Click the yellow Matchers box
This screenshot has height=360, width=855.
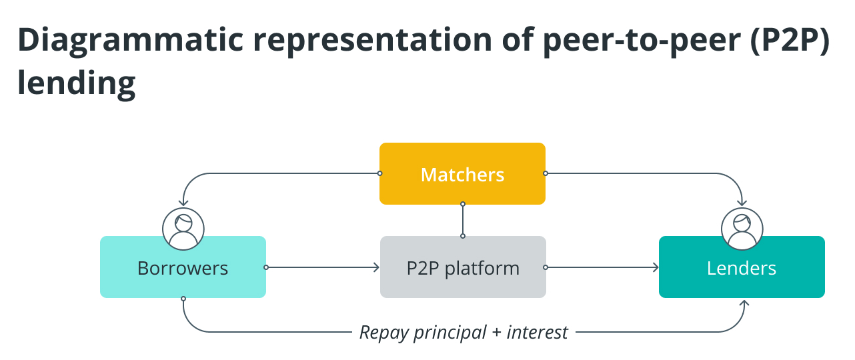[462, 173]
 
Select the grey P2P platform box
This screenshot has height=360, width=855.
[463, 267]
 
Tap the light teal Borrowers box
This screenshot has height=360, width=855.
[183, 267]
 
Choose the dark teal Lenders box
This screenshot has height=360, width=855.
[742, 267]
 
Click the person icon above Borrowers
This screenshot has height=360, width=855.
[183, 229]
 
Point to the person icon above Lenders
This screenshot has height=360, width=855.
[742, 229]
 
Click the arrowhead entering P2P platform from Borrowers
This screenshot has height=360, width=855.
[376, 267]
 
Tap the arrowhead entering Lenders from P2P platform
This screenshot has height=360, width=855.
[656, 267]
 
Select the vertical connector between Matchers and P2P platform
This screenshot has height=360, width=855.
[463, 220]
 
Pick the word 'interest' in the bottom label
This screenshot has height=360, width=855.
[537, 332]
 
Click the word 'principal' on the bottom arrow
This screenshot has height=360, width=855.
[450, 333]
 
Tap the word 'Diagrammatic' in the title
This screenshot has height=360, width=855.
[131, 39]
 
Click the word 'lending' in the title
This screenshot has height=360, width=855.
[76, 83]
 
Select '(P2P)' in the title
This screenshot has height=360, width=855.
[790, 39]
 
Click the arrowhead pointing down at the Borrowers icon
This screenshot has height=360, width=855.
[183, 203]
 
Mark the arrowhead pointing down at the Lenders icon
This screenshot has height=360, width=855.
[742, 203]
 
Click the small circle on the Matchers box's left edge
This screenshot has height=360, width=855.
[379, 173]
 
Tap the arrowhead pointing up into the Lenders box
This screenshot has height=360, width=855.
[744, 303]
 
